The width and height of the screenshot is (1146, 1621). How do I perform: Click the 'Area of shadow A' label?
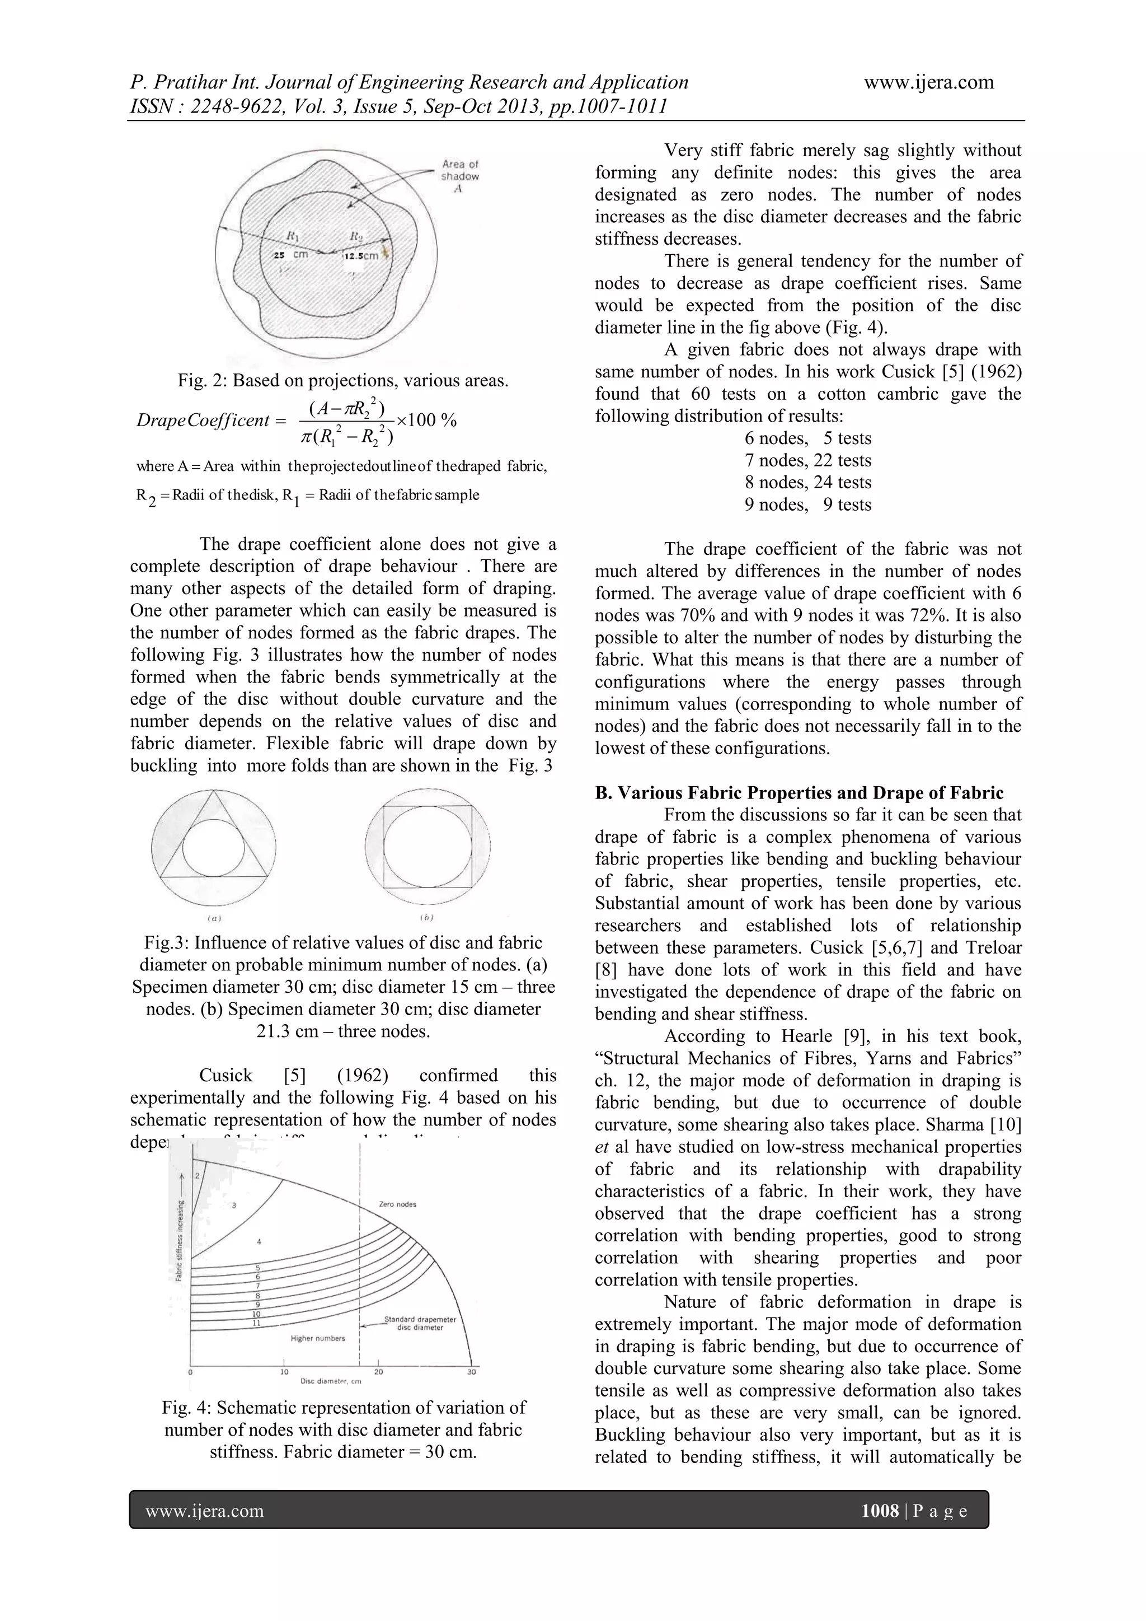459,176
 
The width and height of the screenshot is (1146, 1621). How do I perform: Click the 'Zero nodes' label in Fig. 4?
397,1204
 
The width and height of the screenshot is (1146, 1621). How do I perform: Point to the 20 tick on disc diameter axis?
378,1372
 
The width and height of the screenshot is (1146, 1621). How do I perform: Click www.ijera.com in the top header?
929,83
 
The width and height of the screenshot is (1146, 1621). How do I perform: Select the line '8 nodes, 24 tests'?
808,482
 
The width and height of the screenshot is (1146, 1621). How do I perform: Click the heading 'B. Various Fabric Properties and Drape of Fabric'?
799,792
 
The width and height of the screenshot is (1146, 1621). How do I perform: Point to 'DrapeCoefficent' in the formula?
203,420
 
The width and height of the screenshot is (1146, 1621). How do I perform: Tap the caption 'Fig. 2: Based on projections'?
342,381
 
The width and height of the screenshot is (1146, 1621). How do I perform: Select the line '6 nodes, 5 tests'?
808,438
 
